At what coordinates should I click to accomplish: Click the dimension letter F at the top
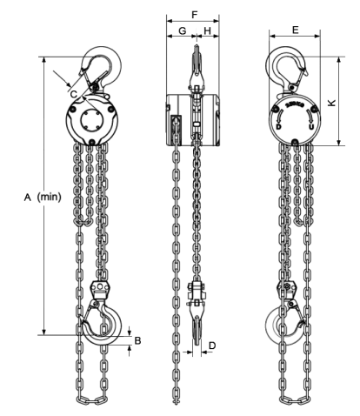[x=195, y=15]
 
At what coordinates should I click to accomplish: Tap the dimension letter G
[x=182, y=30]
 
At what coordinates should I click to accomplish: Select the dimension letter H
[x=208, y=30]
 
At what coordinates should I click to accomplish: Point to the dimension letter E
[x=296, y=30]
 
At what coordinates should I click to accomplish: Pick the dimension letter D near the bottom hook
[x=212, y=346]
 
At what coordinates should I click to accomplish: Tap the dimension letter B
[x=138, y=340]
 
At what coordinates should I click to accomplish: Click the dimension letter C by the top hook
[x=74, y=94]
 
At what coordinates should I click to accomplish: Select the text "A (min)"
[x=43, y=197]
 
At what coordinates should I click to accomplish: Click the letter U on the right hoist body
[x=311, y=126]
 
